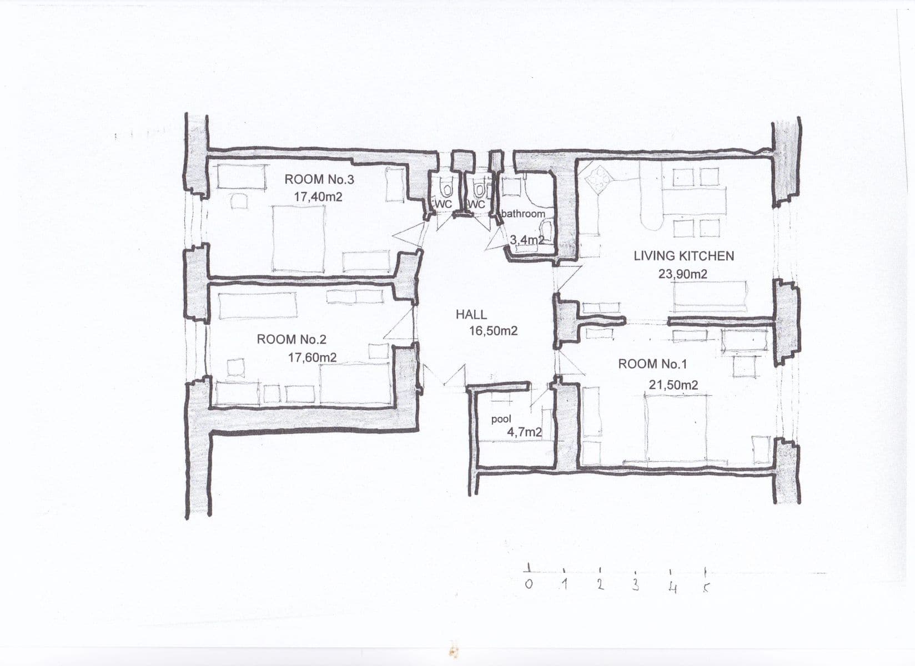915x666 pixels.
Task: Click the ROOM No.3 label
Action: pyautogui.click(x=319, y=179)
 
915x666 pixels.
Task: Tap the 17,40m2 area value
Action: pyautogui.click(x=318, y=196)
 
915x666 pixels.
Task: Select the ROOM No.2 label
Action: pyautogui.click(x=291, y=339)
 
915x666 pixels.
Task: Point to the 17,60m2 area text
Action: pyautogui.click(x=312, y=357)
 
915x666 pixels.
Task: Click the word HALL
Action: pyautogui.click(x=471, y=314)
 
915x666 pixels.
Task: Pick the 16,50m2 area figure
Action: pyautogui.click(x=493, y=331)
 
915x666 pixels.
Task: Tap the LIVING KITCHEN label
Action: pyautogui.click(x=683, y=256)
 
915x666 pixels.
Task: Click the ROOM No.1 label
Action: pyautogui.click(x=652, y=364)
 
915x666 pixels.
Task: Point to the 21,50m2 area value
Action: pyautogui.click(x=673, y=385)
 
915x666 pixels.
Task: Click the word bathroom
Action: pyautogui.click(x=523, y=214)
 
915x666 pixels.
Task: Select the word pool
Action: pyautogui.click(x=501, y=420)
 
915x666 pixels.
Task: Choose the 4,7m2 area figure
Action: pyautogui.click(x=524, y=432)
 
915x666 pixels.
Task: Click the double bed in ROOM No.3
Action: pyautogui.click(x=299, y=239)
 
